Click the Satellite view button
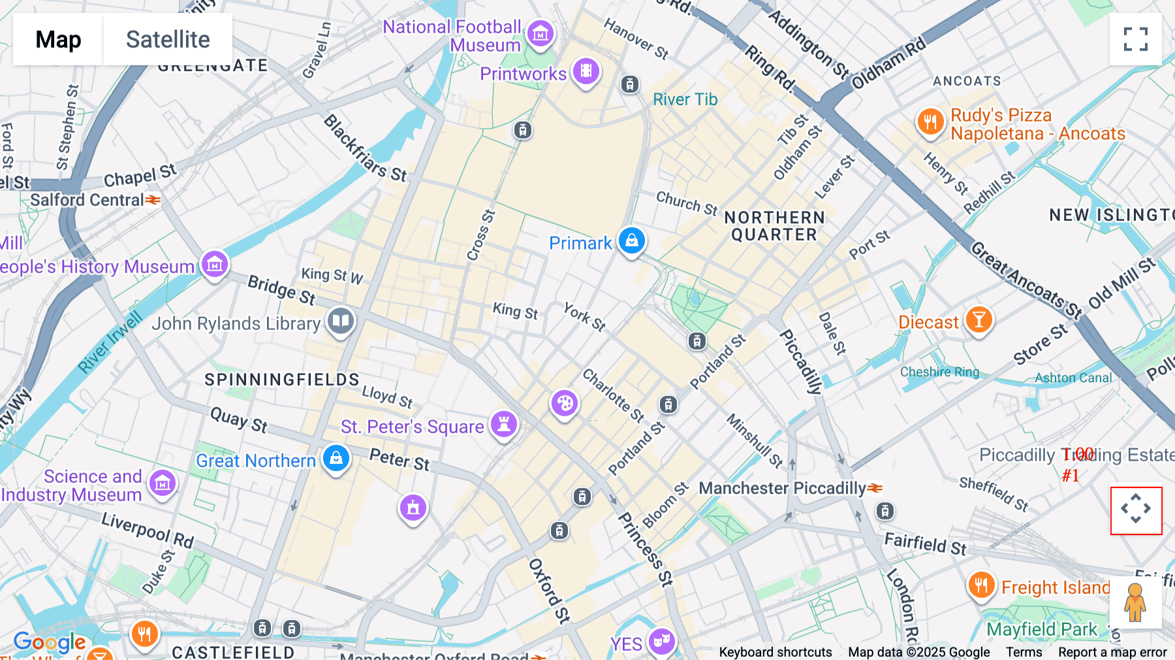(x=168, y=39)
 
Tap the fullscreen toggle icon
(x=1136, y=39)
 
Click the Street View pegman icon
(x=1135, y=602)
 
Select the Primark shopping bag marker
(x=632, y=240)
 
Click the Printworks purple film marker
(x=586, y=71)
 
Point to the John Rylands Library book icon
(x=341, y=321)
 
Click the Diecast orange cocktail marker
(x=979, y=320)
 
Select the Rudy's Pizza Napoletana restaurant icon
(x=930, y=122)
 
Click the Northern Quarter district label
(x=774, y=226)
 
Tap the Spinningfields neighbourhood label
(x=282, y=380)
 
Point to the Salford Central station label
(x=87, y=200)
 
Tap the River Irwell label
(x=110, y=342)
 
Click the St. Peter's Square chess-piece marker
(x=503, y=423)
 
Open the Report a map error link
(x=1112, y=652)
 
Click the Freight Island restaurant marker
(x=981, y=585)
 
